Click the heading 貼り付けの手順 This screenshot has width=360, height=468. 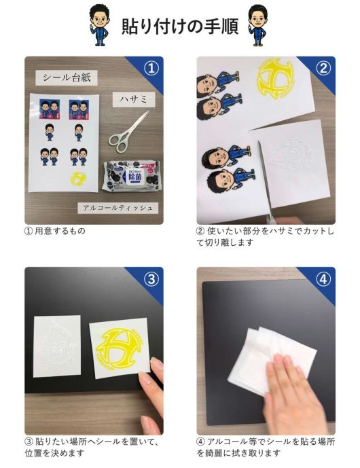point(180,26)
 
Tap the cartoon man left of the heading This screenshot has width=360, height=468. point(99,26)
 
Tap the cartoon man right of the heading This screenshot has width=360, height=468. point(257,26)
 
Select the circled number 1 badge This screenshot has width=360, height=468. point(151,69)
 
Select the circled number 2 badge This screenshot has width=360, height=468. point(323,69)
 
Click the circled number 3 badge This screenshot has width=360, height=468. point(151,279)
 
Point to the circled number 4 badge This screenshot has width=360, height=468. point(323,279)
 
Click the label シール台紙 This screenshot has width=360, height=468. point(67,77)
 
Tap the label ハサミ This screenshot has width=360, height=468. point(134,99)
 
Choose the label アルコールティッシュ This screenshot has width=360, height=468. point(118,208)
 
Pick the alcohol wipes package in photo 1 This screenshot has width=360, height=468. point(131,176)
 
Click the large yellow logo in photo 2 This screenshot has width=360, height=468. point(276,78)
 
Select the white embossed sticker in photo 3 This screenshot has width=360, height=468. point(56,346)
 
